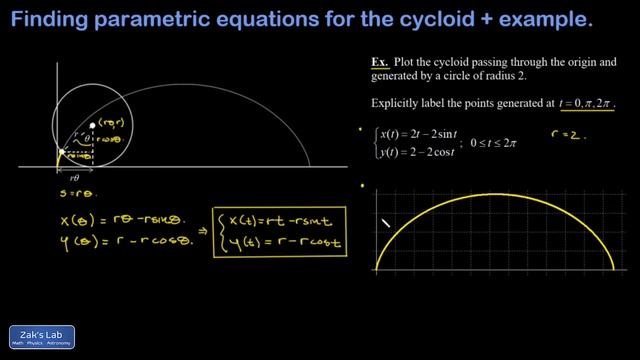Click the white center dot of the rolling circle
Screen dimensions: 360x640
[93, 125]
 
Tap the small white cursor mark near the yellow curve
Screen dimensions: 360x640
[385, 223]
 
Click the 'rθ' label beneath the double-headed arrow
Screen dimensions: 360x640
[74, 177]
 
